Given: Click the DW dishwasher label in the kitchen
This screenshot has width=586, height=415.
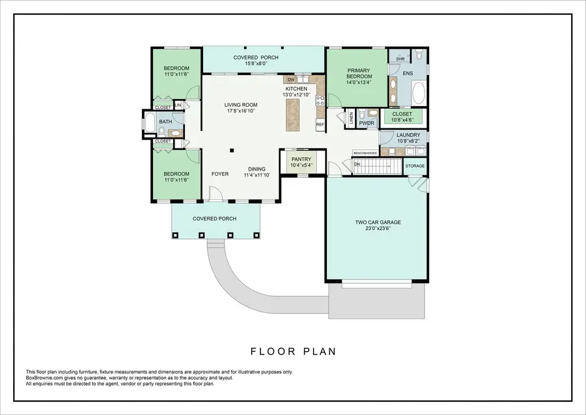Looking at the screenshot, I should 291,79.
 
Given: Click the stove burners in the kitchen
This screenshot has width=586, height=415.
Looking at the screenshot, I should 320,100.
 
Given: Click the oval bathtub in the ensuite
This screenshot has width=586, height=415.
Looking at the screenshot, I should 417,93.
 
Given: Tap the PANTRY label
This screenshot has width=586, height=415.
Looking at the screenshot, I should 301,159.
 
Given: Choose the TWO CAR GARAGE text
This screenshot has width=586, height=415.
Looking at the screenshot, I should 378,222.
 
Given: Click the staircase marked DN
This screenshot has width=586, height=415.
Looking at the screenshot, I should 378,166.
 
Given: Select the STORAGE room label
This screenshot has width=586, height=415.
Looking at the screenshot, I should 415,166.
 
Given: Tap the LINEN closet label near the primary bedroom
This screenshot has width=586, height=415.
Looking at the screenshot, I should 351,117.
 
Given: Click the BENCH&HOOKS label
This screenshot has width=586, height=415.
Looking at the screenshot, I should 365,153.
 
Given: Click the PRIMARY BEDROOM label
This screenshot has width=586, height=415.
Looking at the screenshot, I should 359,73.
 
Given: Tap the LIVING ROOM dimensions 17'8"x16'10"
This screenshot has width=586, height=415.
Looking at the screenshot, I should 241,111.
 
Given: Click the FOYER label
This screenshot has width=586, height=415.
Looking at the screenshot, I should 219,174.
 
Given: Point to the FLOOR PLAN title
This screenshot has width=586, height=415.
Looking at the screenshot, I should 293,352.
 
